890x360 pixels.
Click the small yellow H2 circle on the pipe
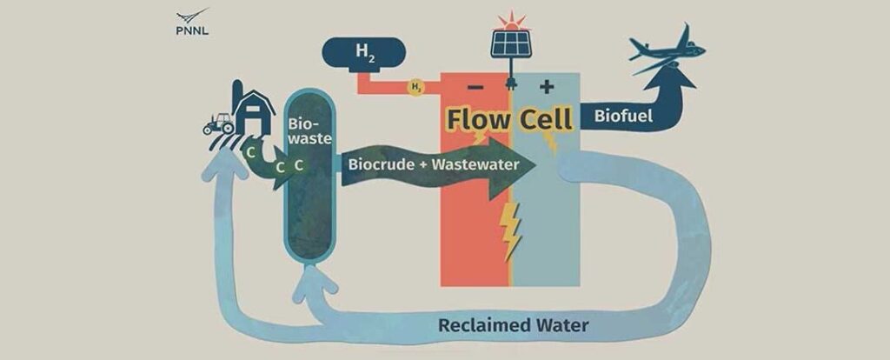click(416, 87)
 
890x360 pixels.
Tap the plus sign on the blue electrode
click(547, 87)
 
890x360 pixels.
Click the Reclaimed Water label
click(513, 326)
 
